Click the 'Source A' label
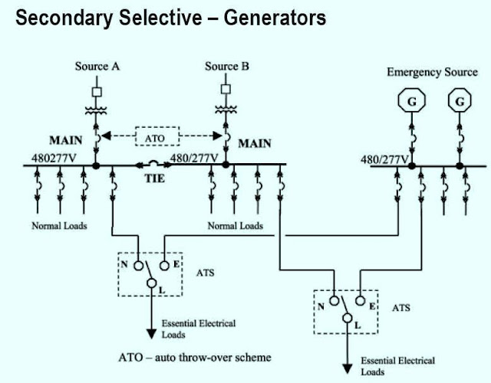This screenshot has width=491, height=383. pyautogui.click(x=96, y=67)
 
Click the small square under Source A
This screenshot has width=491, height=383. pyautogui.click(x=96, y=93)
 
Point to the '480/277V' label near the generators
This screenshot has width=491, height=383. pyautogui.click(x=384, y=160)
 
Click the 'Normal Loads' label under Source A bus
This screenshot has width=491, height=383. pyautogui.click(x=60, y=226)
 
